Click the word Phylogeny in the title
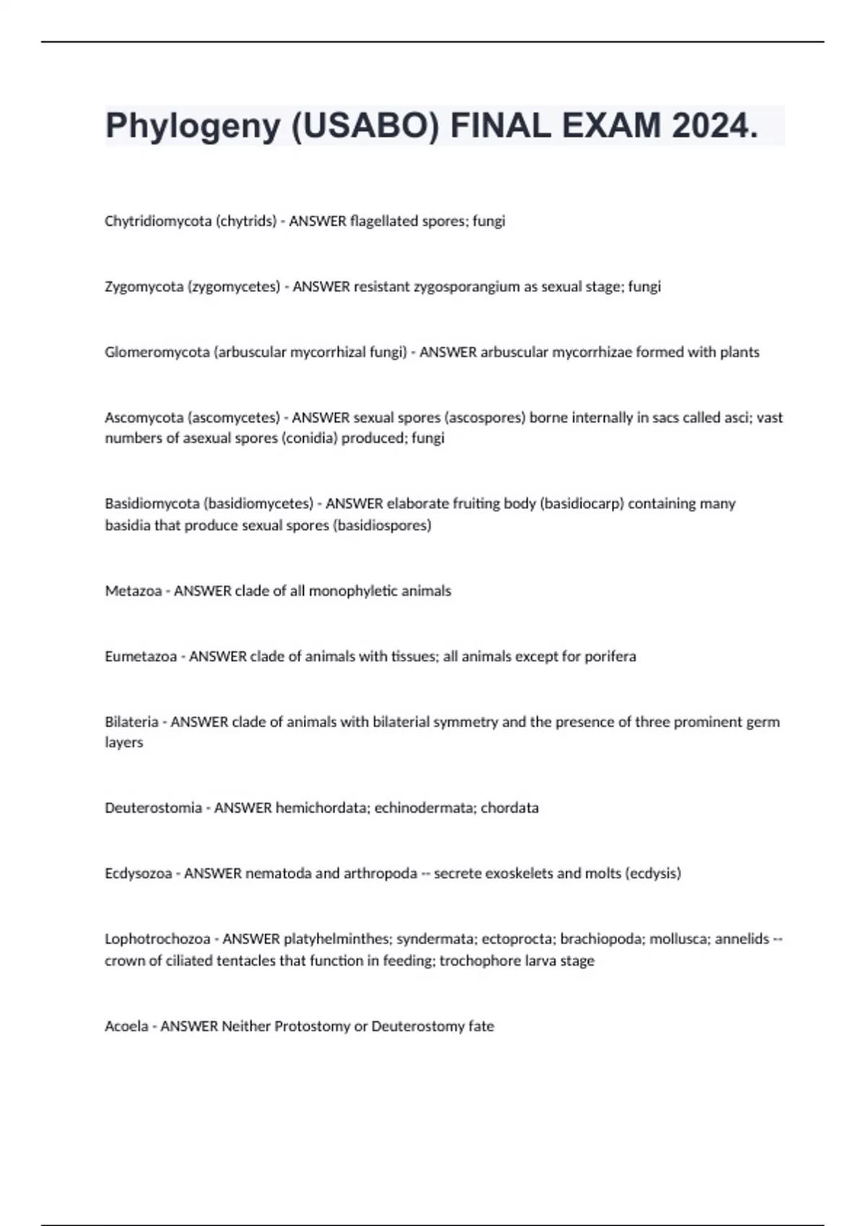[193, 127]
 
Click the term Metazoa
[133, 591]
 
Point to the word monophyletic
[355, 591]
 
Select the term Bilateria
[131, 722]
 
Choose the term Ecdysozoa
[138, 874]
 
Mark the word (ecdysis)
[652, 874]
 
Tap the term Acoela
[126, 1026]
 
